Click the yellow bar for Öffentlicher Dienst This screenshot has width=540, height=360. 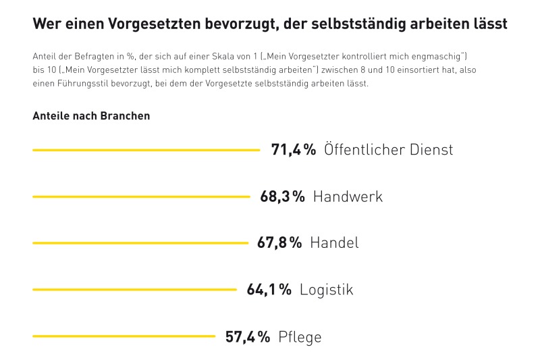(146, 150)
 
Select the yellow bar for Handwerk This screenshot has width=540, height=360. (141, 197)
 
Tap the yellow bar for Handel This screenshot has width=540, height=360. (140, 243)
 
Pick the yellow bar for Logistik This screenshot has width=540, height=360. (134, 290)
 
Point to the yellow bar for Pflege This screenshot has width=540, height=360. (124, 336)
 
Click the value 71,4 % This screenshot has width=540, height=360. (294, 150)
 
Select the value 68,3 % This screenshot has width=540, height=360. (282, 197)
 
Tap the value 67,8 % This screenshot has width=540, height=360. (279, 243)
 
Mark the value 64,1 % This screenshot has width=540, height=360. (269, 290)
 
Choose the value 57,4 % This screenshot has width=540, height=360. (248, 336)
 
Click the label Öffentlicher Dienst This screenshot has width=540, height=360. (389, 150)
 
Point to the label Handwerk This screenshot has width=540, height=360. (348, 197)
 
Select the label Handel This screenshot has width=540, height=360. (334, 243)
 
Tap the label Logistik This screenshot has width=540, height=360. (327, 290)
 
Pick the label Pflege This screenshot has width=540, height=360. (300, 336)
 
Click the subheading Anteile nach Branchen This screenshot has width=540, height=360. (91, 115)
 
